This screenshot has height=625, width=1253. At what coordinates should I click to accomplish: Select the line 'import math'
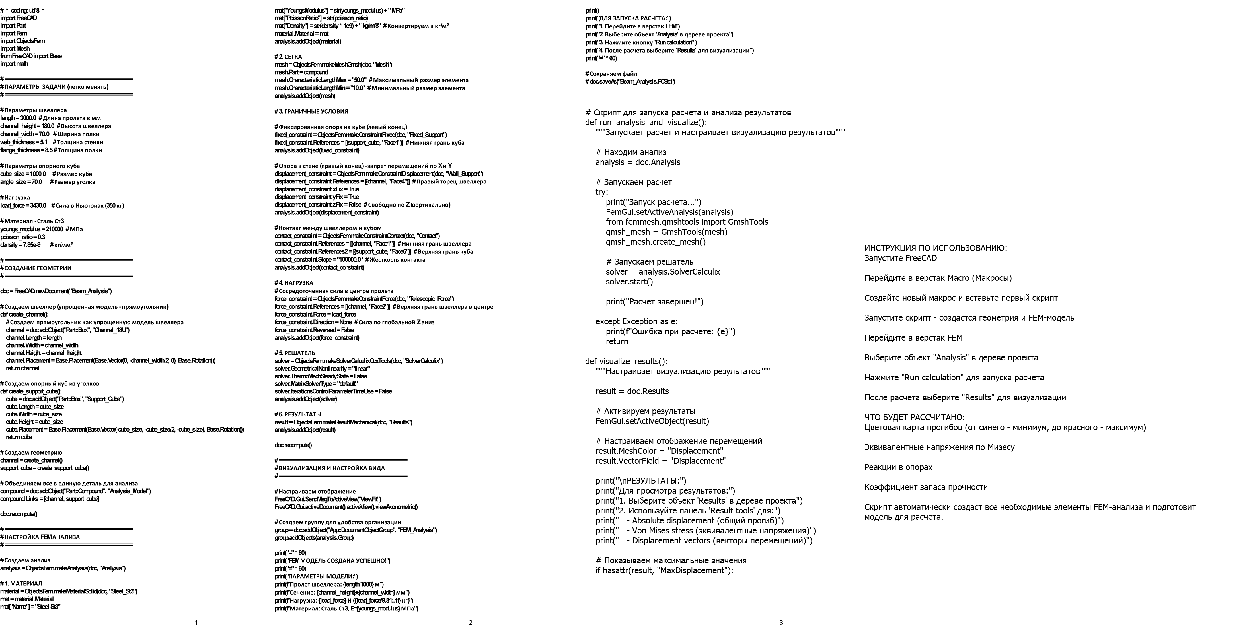coord(15,64)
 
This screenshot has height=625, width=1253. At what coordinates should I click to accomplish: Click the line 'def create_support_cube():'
coord(31,391)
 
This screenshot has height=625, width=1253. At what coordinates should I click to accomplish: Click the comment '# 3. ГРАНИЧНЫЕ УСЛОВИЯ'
coord(311,111)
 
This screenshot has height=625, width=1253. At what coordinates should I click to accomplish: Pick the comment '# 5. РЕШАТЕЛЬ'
coord(295,353)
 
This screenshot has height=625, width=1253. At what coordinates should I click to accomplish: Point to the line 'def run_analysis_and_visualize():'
coord(646,123)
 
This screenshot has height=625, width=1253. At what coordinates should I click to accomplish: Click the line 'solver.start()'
coord(629,281)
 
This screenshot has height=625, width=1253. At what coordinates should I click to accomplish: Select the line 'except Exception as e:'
coord(636,321)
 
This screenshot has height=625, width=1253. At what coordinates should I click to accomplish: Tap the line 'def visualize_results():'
coord(626,361)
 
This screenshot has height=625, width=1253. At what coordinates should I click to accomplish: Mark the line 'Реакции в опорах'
coord(898,467)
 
